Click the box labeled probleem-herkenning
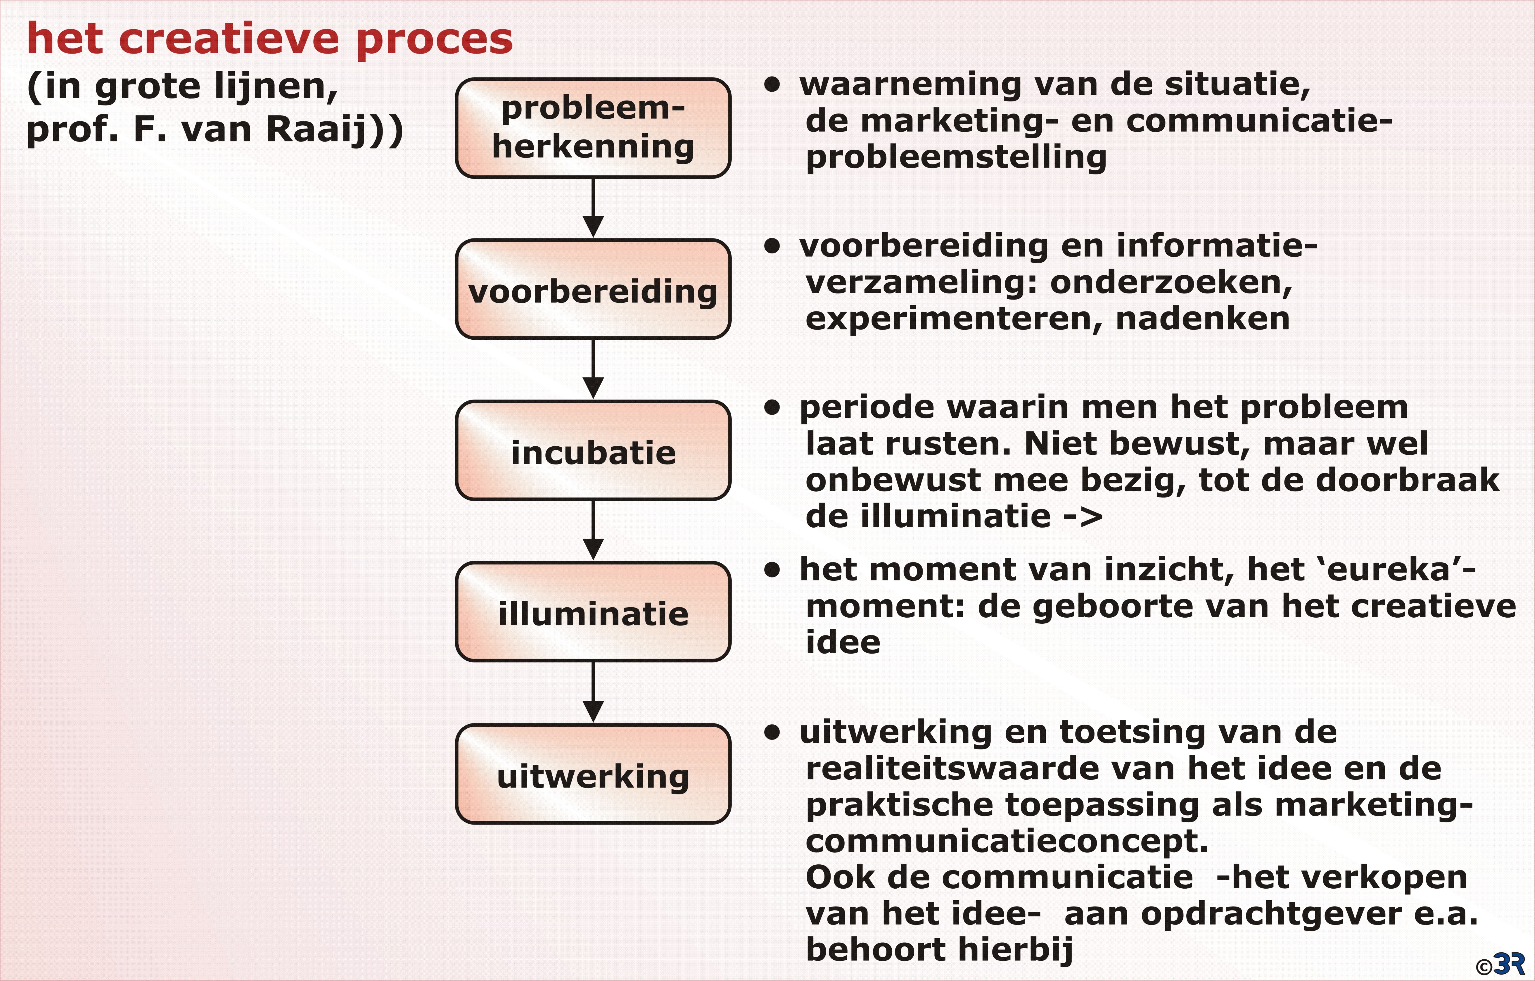click(x=593, y=127)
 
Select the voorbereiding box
click(x=593, y=289)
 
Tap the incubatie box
click(x=593, y=450)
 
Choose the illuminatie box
click(x=593, y=612)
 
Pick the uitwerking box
click(x=593, y=774)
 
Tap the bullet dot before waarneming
click(x=773, y=85)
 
